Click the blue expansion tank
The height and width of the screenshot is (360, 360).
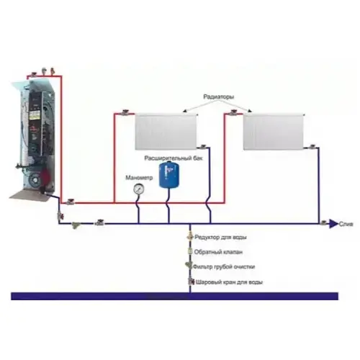point(169,175)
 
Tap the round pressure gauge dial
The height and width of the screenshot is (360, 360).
point(139,189)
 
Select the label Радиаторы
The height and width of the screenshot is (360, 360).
point(219,97)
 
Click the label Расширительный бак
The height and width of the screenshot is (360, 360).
point(174,158)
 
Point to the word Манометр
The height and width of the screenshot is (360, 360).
point(139,178)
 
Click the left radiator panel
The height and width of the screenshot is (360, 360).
point(166,132)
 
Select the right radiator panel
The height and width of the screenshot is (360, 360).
point(274,132)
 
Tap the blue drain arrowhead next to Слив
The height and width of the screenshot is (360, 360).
point(333,224)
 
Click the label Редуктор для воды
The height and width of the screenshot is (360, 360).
point(220,238)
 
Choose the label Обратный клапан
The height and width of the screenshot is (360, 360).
point(218,252)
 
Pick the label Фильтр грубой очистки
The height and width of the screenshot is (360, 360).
point(224,266)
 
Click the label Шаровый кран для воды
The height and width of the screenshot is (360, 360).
point(229,282)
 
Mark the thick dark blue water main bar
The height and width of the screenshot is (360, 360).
point(174,296)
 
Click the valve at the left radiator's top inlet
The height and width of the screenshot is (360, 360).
point(125,112)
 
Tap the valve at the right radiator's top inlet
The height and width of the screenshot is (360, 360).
point(233,112)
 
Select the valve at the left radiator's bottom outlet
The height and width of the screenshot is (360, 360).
point(203,147)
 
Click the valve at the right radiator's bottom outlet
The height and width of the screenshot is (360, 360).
point(312,147)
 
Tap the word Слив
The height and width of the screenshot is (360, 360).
point(346,224)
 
